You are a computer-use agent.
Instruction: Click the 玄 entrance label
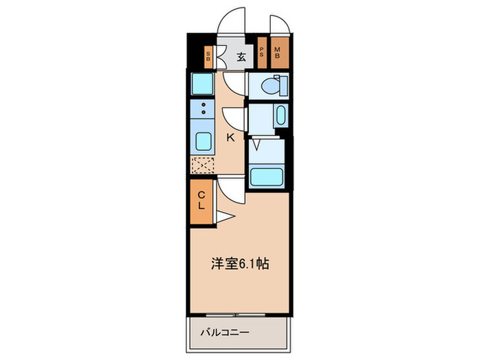coord(241,57)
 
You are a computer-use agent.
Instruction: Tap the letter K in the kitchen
coord(230,138)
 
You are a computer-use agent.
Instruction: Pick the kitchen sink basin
coord(202,142)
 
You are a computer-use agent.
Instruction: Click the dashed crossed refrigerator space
coord(202,165)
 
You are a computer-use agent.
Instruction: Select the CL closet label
coord(202,200)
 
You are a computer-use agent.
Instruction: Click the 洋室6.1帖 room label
coord(239,263)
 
